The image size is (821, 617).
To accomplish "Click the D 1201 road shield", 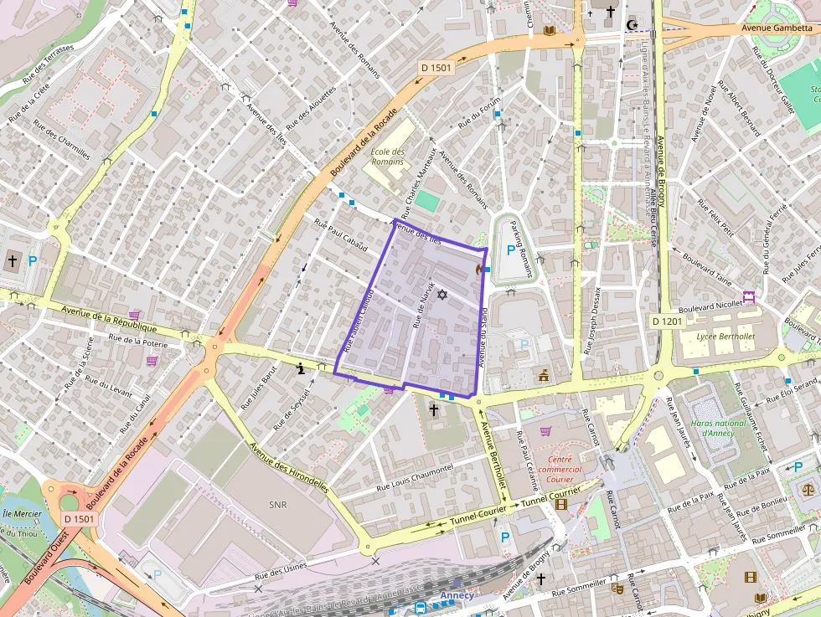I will (x=667, y=321).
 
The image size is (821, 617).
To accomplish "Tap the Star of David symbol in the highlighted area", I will (x=442, y=295).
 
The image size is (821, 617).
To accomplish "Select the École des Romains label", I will (x=387, y=157).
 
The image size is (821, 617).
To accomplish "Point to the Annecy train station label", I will (x=457, y=595).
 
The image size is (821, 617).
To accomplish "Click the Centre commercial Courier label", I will (x=560, y=469).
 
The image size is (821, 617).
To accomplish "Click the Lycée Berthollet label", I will (x=725, y=337).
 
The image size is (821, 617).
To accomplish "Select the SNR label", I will (x=277, y=505).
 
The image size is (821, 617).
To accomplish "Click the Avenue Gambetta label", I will (x=777, y=28).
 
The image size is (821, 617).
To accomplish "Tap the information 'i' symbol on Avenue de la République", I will (x=302, y=367).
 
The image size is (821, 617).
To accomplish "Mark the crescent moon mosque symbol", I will (x=631, y=26).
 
